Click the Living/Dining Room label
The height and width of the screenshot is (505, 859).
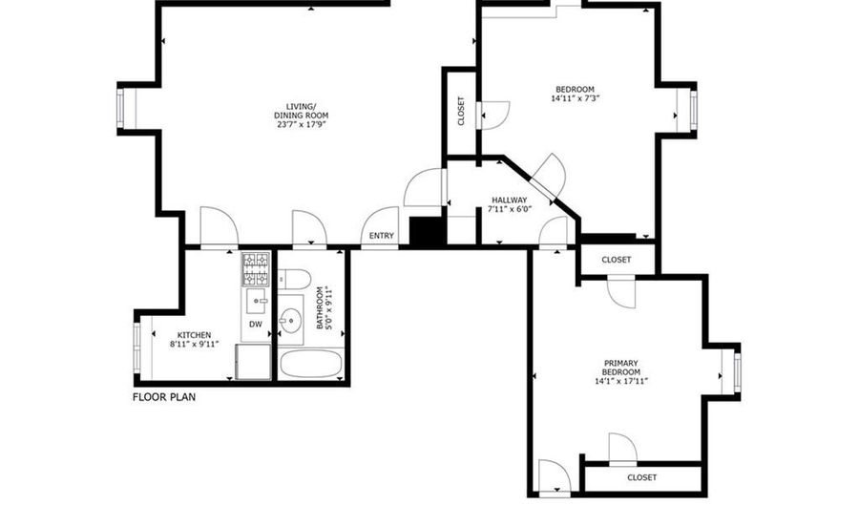(302, 111)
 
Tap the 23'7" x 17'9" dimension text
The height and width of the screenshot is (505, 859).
(302, 125)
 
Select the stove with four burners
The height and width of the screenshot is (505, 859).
(257, 269)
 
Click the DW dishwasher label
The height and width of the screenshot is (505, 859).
(256, 325)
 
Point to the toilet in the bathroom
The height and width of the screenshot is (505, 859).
(295, 279)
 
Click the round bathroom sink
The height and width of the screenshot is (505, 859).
(290, 318)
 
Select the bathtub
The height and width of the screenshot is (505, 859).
(311, 364)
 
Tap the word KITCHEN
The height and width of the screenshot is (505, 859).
(194, 335)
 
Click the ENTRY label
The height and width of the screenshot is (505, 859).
(381, 236)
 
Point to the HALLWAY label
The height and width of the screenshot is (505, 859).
(510, 200)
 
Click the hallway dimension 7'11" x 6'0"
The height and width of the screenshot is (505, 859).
(510, 209)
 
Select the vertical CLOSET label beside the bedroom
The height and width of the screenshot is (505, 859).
(461, 111)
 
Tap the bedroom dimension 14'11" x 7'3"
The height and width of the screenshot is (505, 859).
(575, 99)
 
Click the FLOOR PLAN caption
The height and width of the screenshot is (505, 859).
(164, 397)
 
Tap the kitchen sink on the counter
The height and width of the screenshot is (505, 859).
(256, 301)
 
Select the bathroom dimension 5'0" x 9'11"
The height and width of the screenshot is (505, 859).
(324, 307)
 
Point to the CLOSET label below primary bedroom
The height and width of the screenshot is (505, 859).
(642, 477)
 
